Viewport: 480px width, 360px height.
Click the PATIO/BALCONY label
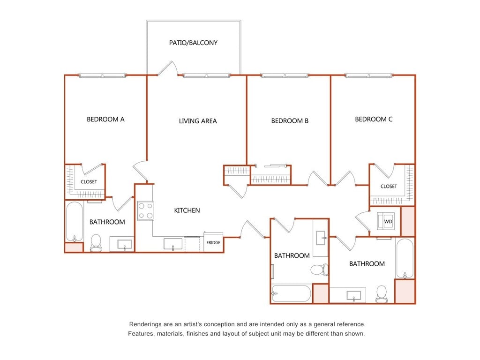pyautogui.click(x=193, y=43)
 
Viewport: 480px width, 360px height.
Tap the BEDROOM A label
pyautogui.click(x=105, y=120)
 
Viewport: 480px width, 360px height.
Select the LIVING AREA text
pyautogui.click(x=198, y=121)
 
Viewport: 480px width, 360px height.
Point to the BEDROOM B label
pyautogui.click(x=290, y=121)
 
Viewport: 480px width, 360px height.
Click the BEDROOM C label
pyautogui.click(x=374, y=120)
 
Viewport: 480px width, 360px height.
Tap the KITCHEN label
pyautogui.click(x=187, y=210)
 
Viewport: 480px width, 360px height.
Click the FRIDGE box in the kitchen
pyautogui.click(x=213, y=242)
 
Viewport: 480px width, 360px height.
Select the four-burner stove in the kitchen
pyautogui.click(x=145, y=211)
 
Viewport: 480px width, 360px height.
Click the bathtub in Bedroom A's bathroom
pyautogui.click(x=75, y=222)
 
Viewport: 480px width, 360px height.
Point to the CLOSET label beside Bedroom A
pyautogui.click(x=89, y=182)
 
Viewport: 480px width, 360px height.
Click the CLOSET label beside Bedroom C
pyautogui.click(x=389, y=187)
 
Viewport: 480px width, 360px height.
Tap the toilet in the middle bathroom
pyautogui.click(x=320, y=270)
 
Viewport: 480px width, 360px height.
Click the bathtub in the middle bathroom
pyautogui.click(x=291, y=293)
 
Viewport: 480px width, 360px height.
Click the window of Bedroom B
pyautogui.click(x=285, y=75)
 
